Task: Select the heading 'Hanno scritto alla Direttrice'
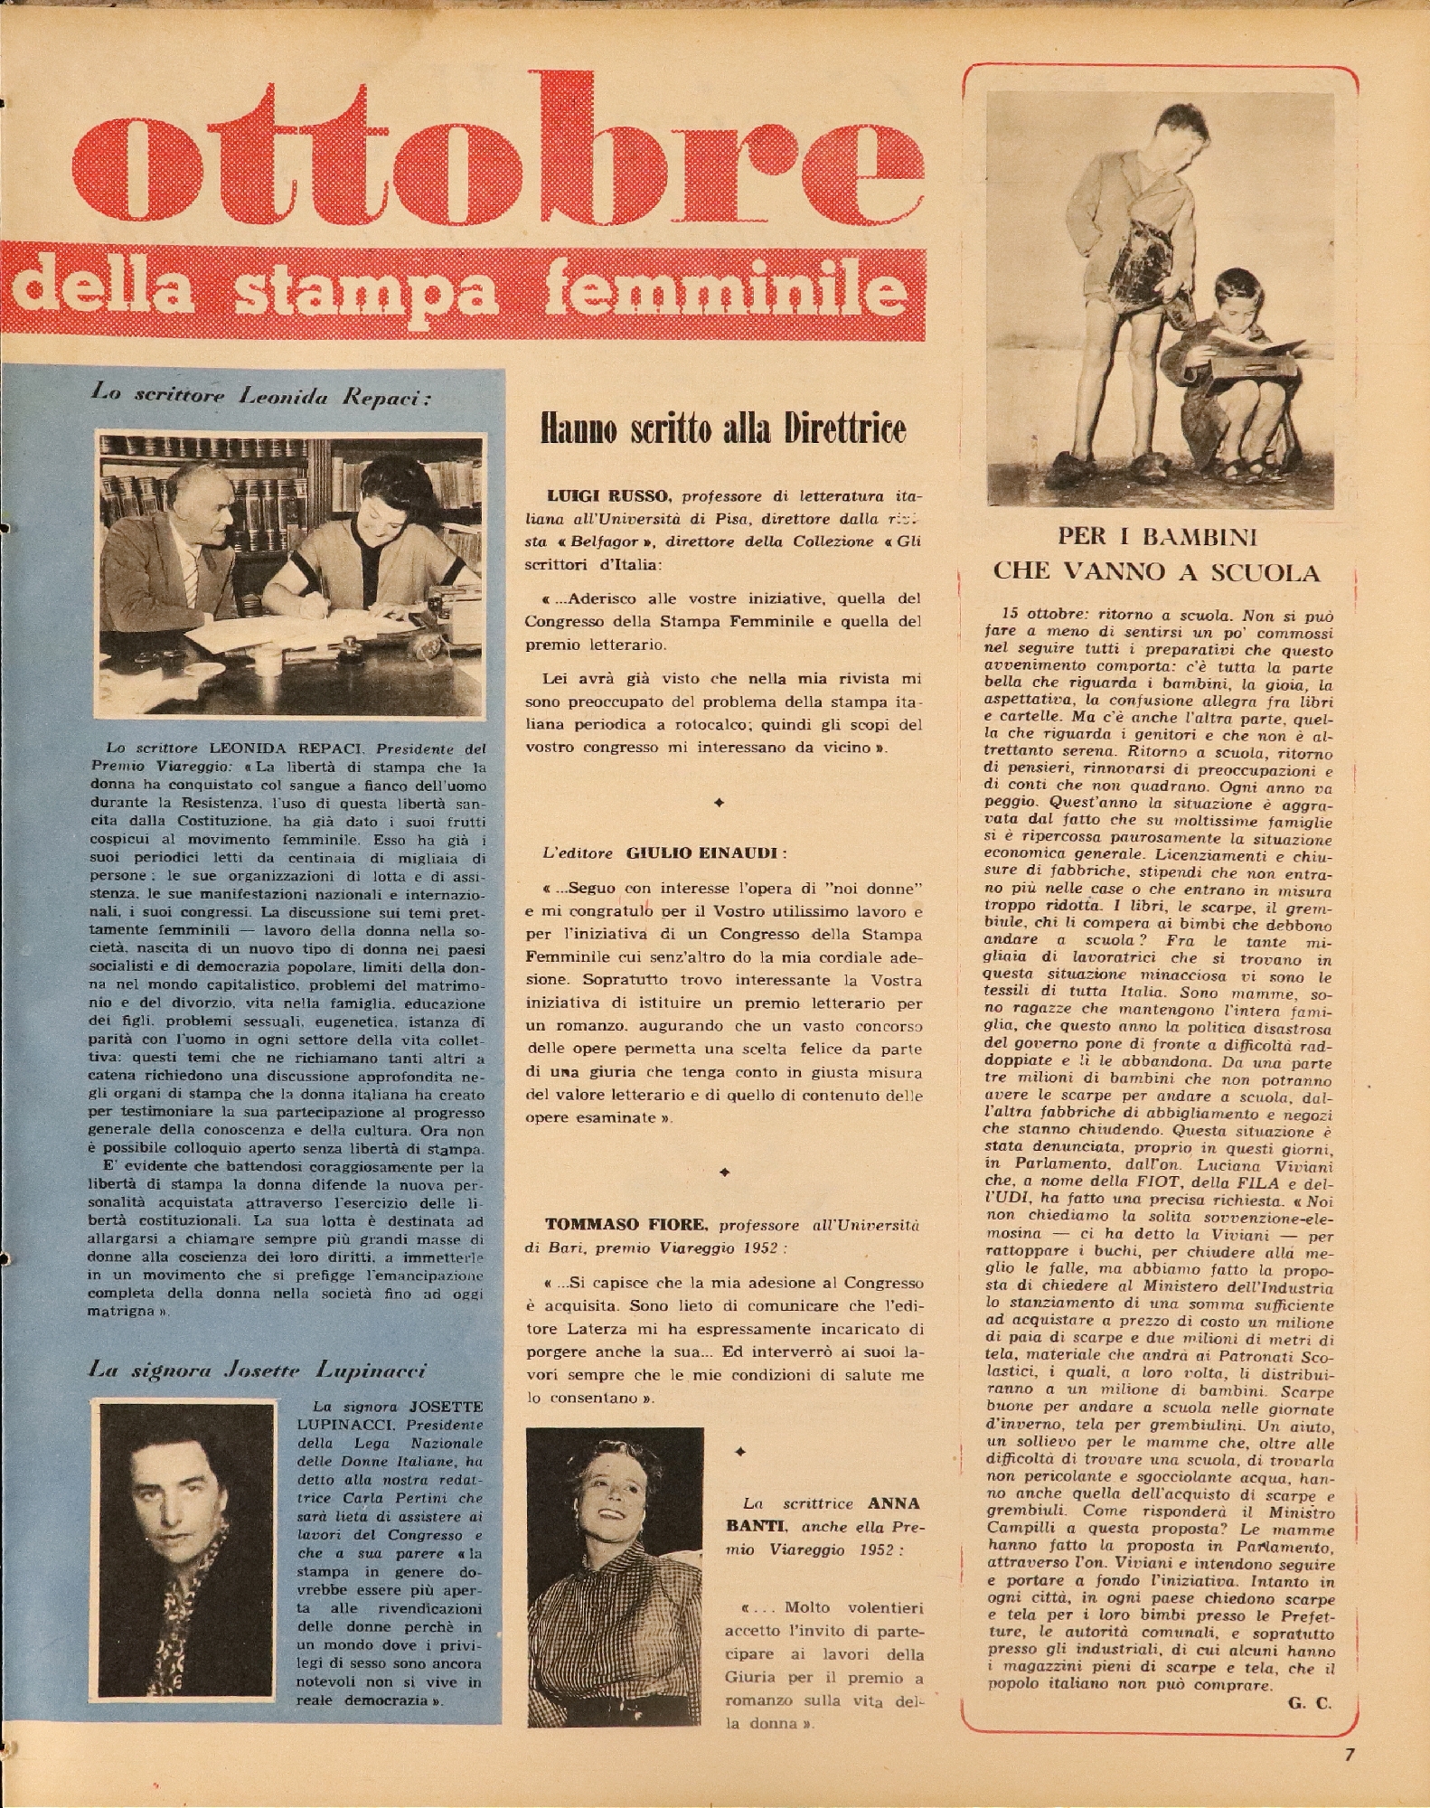tap(722, 429)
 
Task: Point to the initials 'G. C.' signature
tap(1309, 1703)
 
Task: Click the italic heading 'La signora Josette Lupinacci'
tap(258, 1370)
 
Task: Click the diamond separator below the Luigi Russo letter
tap(719, 802)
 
